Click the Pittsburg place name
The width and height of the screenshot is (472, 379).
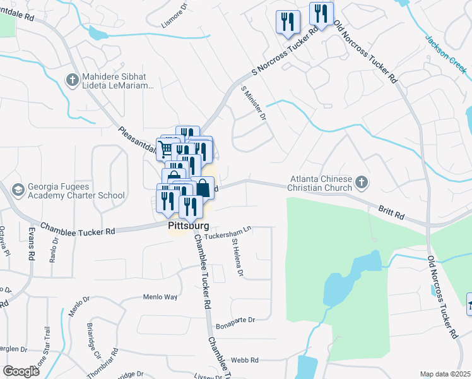187,225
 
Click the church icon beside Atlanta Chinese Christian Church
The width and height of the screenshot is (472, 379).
362,183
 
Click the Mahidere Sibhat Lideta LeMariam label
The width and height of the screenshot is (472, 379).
118,81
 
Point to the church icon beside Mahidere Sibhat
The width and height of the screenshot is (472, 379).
72,80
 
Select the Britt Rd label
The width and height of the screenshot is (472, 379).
391,211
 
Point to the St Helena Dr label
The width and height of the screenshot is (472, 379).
238,258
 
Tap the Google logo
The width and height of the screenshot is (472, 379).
21,371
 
